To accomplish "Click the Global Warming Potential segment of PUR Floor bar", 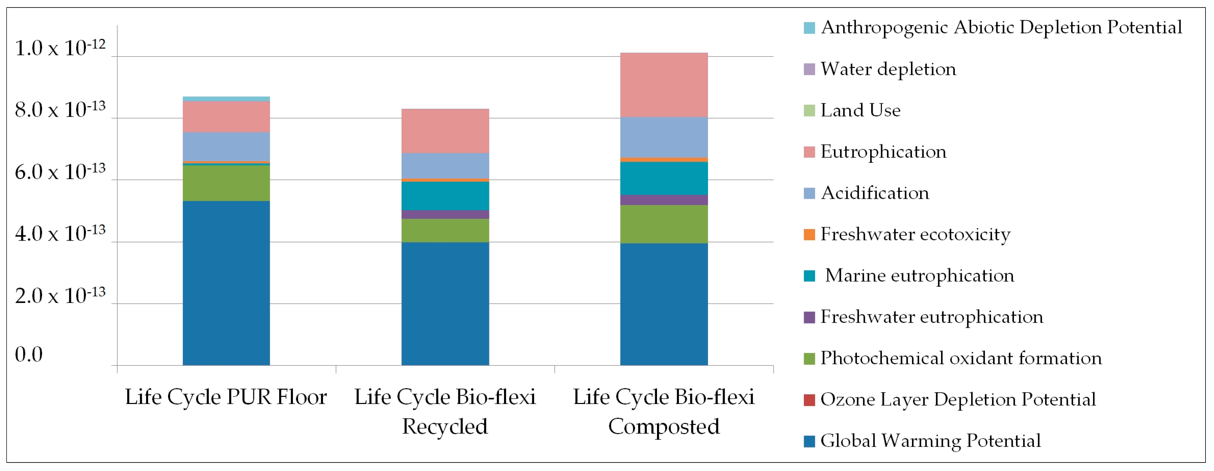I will [x=226, y=283].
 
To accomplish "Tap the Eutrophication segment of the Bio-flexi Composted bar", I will [x=664, y=85].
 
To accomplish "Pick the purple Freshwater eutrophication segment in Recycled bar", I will [x=445, y=214].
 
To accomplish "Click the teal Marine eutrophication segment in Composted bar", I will [x=664, y=178].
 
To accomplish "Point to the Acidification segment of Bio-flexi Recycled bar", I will [x=445, y=165].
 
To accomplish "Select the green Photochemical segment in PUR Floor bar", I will [x=226, y=183].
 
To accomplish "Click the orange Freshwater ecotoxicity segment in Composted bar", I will [x=664, y=160].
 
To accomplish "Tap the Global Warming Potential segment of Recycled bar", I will [x=445, y=304].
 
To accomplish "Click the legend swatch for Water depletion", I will [x=809, y=69].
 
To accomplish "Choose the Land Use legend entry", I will [x=860, y=110].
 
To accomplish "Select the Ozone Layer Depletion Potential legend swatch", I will [x=809, y=400].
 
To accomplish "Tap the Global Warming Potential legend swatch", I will [x=809, y=441].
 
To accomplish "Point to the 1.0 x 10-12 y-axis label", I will [x=60, y=48].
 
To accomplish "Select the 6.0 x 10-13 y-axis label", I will [x=60, y=172].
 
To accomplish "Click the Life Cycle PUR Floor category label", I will [x=226, y=397].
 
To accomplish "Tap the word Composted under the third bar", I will [x=664, y=427].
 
